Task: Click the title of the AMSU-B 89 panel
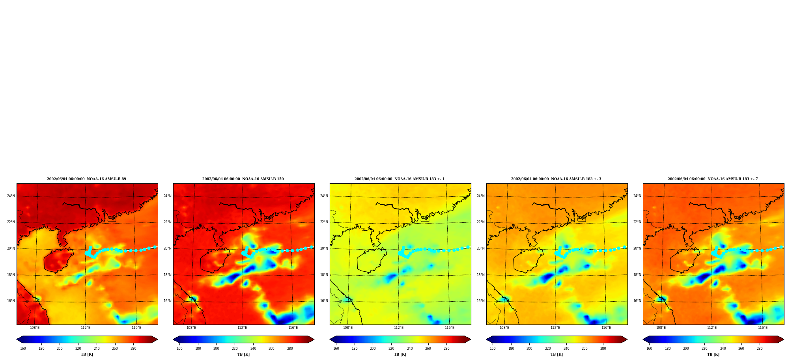point(86,179)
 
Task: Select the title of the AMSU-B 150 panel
point(243,179)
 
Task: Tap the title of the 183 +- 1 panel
point(400,179)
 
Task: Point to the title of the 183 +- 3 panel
point(556,179)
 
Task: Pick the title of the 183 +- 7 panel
point(713,179)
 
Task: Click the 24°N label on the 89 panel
point(11,196)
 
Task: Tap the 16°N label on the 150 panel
point(168,301)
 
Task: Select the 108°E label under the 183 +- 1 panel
point(348,328)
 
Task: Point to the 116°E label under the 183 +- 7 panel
point(763,328)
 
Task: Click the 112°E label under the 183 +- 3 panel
point(555,328)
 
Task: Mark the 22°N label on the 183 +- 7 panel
point(637,222)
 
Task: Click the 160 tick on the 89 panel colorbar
point(23,349)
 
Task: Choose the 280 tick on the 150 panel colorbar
point(290,349)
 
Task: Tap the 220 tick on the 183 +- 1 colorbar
point(391,349)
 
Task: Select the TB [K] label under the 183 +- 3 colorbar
point(557,354)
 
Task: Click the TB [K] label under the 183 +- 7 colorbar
point(713,354)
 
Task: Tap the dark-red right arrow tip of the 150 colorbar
point(314,339)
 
